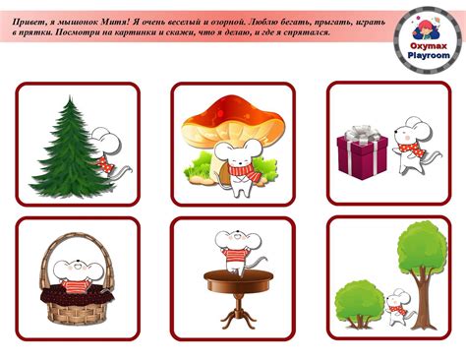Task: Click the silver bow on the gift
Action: click(x=363, y=133)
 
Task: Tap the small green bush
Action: click(x=359, y=303)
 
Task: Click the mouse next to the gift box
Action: click(x=416, y=146)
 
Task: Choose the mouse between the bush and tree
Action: click(x=398, y=307)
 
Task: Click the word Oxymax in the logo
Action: click(x=429, y=46)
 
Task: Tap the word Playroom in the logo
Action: click(x=429, y=55)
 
